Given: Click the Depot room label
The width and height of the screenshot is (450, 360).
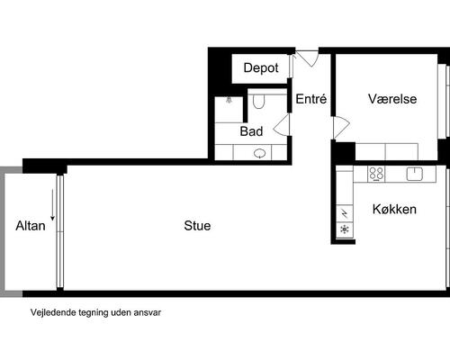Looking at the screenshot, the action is (x=261, y=68).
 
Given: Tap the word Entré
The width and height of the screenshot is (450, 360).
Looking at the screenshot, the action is (x=311, y=99).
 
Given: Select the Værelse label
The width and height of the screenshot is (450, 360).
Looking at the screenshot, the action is (x=392, y=99).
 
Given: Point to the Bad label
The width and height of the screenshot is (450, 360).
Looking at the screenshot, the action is (x=251, y=131).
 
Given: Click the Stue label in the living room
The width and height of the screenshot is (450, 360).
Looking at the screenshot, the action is (x=197, y=226).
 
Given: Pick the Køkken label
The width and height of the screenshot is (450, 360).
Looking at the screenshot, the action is (x=394, y=209).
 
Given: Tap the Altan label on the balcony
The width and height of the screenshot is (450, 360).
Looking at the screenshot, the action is (x=31, y=226).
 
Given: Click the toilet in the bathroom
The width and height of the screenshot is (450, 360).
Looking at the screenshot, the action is (x=258, y=102).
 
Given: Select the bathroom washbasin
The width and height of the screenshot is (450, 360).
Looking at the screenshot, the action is (x=259, y=154).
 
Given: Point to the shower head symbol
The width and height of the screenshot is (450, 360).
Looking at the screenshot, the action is (x=229, y=100).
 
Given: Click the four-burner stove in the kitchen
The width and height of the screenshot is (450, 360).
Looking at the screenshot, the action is (x=376, y=174).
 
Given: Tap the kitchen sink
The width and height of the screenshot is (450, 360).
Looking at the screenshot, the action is (x=415, y=174).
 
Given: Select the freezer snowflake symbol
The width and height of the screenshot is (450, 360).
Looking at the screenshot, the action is (x=345, y=229).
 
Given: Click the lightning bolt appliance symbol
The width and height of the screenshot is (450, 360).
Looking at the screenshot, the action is (x=345, y=213).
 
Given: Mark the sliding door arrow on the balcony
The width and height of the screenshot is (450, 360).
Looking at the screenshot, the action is (x=52, y=205).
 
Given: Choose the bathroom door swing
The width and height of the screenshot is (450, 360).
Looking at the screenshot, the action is (x=282, y=125).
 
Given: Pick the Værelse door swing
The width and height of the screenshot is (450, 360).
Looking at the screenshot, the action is (x=341, y=128).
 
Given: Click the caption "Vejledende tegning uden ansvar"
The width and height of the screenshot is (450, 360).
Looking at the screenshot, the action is (x=95, y=312).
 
